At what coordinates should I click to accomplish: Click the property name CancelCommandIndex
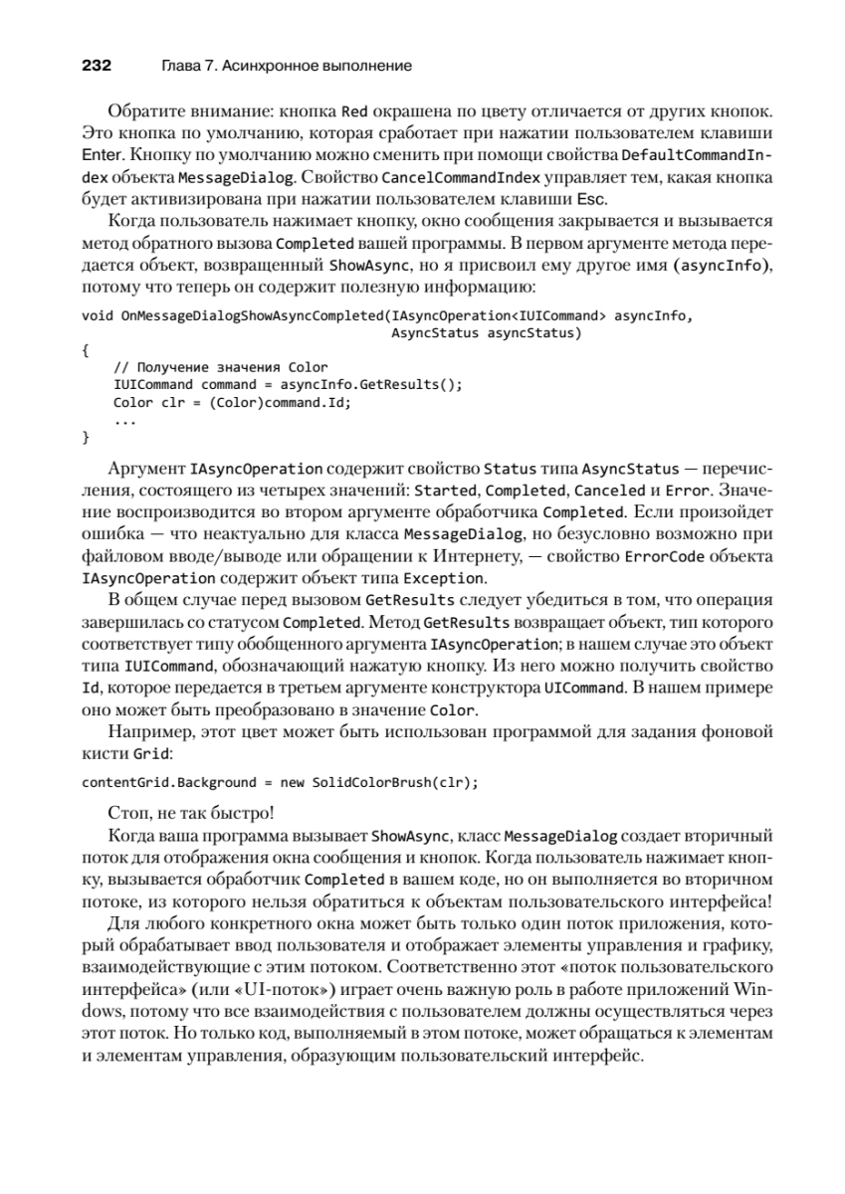(x=447, y=177)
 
